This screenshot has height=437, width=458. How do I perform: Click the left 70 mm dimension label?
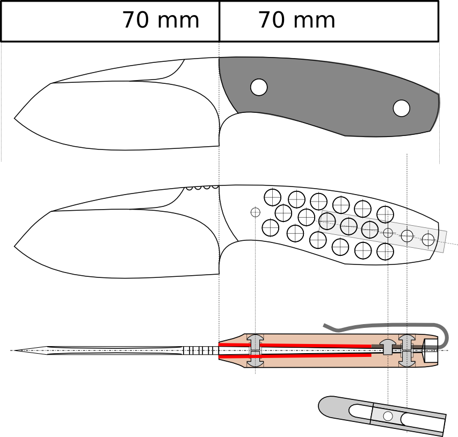161,20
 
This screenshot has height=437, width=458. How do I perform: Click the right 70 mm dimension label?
296,20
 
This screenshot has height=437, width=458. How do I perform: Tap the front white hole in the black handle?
259,87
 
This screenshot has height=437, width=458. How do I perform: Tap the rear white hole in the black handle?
401,108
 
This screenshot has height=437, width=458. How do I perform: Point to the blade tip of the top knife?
15,117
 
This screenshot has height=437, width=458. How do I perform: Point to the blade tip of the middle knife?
15,246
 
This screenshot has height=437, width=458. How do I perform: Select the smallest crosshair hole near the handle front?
256,212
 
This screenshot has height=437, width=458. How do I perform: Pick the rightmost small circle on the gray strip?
428,239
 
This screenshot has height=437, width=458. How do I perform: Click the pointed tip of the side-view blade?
16,350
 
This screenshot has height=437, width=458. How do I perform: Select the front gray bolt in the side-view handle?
255,350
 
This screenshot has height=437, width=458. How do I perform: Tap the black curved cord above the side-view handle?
387,326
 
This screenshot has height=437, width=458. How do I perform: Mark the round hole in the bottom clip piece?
388,415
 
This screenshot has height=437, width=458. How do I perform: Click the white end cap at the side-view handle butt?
431,350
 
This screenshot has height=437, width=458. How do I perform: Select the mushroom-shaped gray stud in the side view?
387,347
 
